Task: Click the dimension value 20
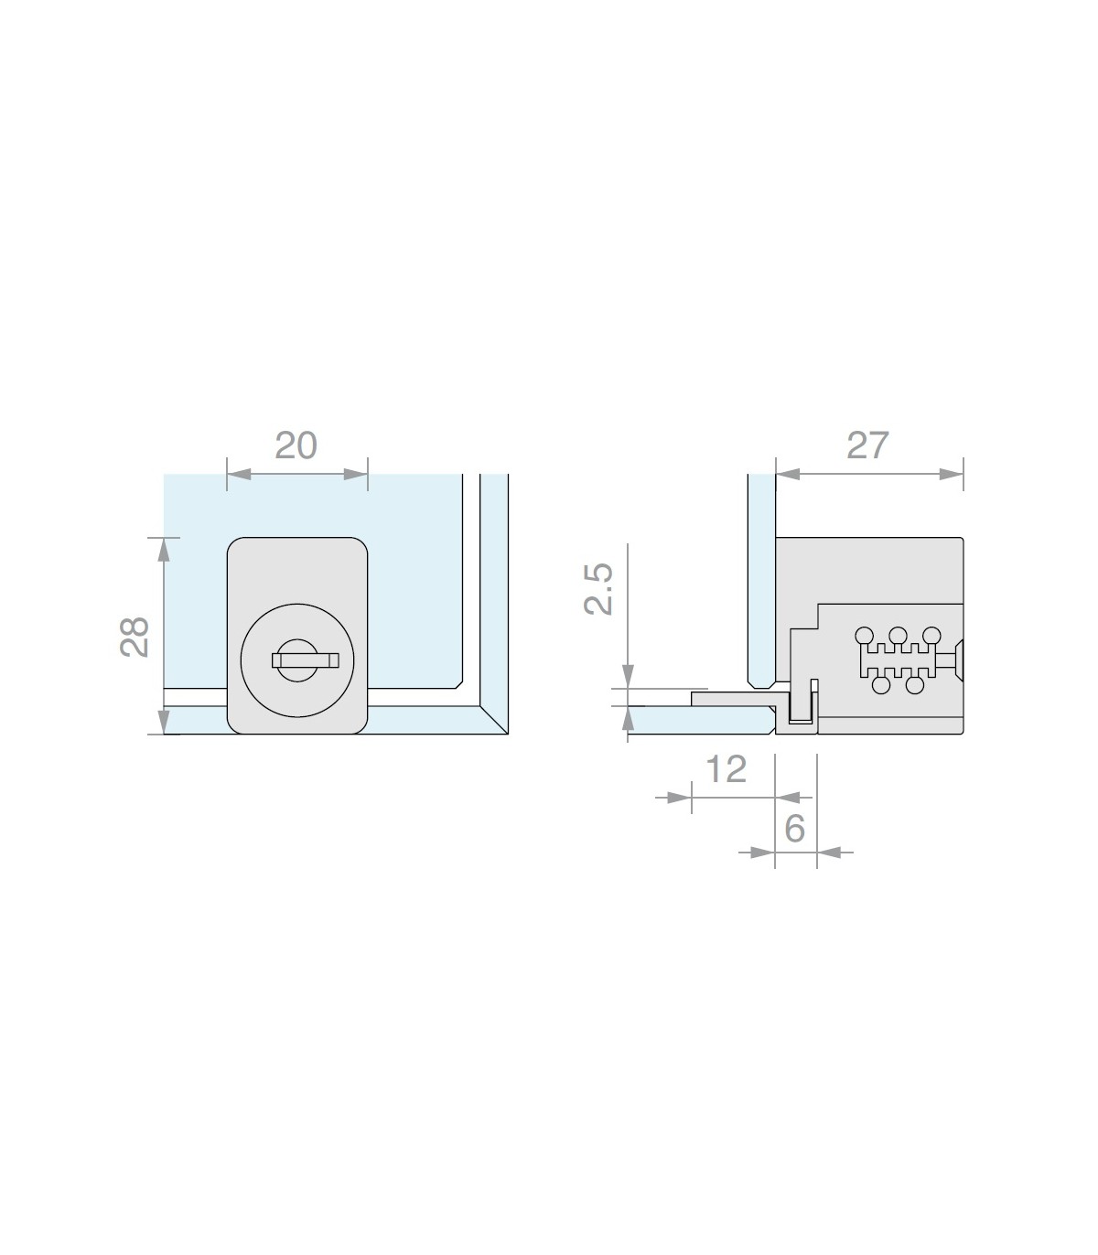click(296, 445)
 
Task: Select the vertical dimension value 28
click(135, 637)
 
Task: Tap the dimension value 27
click(867, 445)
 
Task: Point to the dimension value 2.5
click(598, 589)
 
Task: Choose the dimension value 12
click(727, 768)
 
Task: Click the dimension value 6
click(794, 829)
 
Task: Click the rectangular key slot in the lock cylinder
click(306, 660)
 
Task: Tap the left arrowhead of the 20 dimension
click(239, 474)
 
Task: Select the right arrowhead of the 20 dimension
click(356, 474)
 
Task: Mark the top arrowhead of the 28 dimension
click(164, 550)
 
